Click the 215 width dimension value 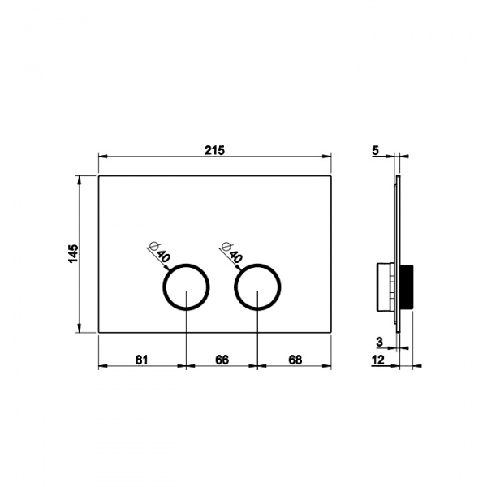pyautogui.click(x=213, y=150)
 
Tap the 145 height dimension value pyautogui.click(x=72, y=254)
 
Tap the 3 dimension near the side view pyautogui.click(x=379, y=343)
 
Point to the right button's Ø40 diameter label pyautogui.click(x=232, y=252)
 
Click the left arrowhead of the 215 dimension pyautogui.click(x=101, y=157)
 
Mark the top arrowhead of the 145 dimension pyautogui.click(x=80, y=179)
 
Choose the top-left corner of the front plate pyautogui.click(x=98, y=175)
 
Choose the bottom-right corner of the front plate pyautogui.click(x=331, y=332)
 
